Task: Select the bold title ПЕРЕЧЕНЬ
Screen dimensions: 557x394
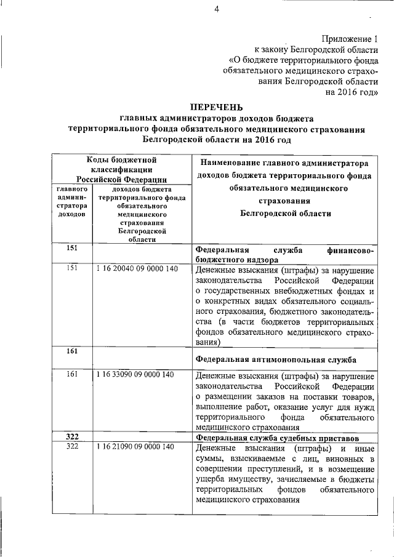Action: [217, 107]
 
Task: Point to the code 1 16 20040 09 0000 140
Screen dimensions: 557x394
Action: [137, 269]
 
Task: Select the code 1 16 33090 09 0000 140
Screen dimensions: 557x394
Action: [137, 375]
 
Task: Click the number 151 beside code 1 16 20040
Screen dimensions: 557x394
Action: [73, 269]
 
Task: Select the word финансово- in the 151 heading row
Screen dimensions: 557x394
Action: [352, 250]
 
